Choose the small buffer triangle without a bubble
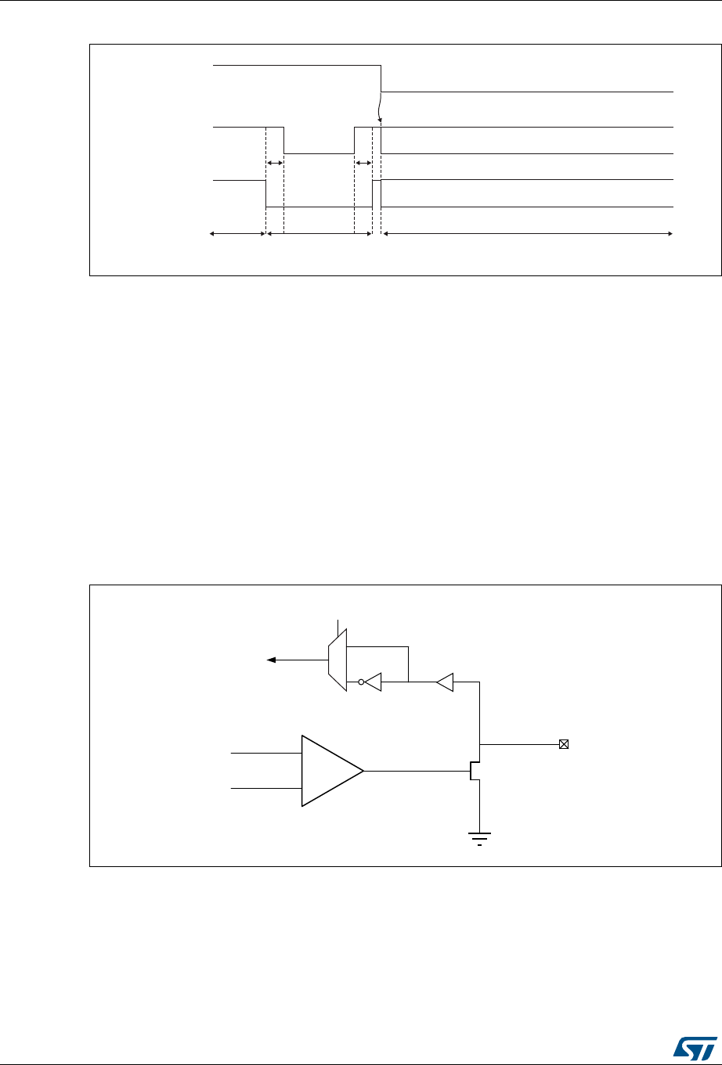pos(445,682)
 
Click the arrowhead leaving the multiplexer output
pos(271,660)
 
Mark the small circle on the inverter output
pos(362,682)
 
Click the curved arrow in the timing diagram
pos(380,106)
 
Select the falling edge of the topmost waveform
pos(381,78)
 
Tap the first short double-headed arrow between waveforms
pos(275,163)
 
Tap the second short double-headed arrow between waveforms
pos(363,163)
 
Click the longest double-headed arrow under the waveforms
pos(528,233)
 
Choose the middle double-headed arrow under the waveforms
pos(319,233)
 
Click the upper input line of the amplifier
pos(266,753)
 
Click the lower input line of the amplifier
pos(266,789)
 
